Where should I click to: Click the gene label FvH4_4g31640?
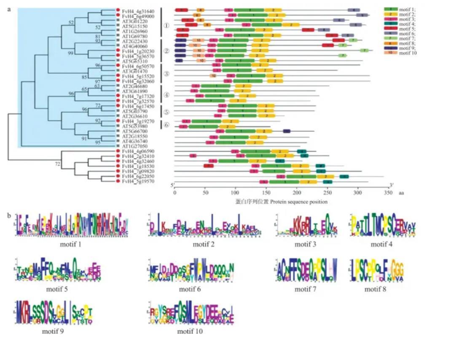pos(132,11)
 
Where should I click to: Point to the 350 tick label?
pos(387,193)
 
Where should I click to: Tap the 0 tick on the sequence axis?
pos(174,193)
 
